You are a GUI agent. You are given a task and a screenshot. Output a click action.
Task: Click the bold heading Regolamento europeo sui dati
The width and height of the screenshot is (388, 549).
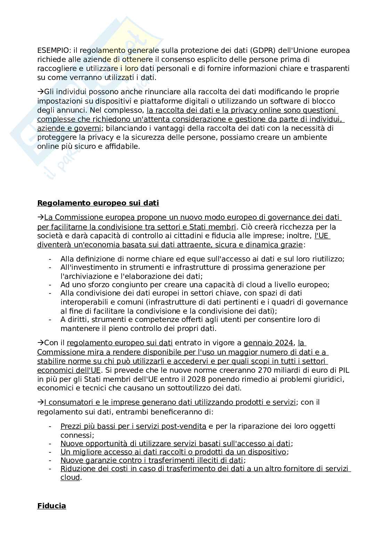[98, 203]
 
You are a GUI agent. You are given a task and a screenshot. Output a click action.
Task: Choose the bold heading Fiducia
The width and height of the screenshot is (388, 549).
[51, 506]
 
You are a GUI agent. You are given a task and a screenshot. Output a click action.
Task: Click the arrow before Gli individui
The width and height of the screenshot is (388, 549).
[41, 92]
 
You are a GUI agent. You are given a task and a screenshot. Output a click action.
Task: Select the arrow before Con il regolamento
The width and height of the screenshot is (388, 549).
[41, 343]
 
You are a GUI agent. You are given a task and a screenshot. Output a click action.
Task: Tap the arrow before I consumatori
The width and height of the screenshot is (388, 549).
[41, 403]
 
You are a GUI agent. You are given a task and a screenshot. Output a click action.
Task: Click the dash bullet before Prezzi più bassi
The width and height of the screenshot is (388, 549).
[50, 426]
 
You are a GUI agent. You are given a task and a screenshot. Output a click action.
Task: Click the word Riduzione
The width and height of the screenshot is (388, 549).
[76, 469]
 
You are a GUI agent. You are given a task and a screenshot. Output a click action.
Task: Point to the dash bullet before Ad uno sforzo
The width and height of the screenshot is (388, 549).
[50, 285]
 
